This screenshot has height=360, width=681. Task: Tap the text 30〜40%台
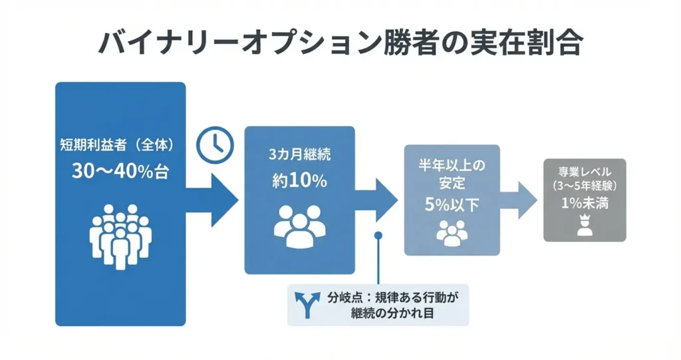tap(120, 171)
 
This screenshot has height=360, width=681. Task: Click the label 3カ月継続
tap(299, 155)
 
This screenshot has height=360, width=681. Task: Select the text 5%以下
tap(452, 204)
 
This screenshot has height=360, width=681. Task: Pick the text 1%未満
tap(585, 204)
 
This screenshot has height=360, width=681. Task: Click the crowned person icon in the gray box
tap(585, 227)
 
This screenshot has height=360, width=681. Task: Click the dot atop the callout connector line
tap(379, 235)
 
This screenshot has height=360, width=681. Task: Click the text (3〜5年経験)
tap(585, 184)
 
